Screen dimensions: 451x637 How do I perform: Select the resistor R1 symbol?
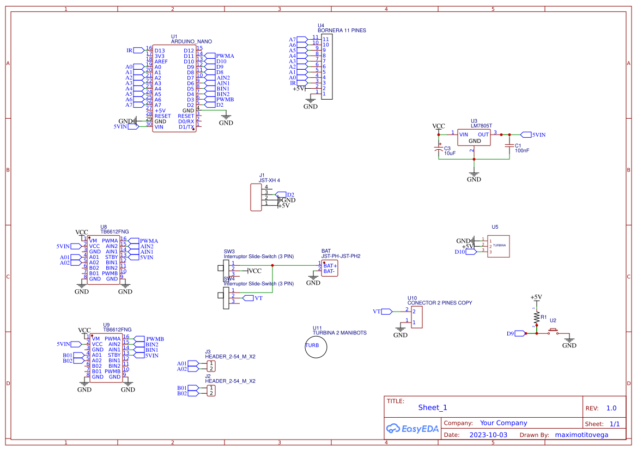[x=536, y=316]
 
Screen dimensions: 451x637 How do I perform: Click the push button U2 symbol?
[x=554, y=332]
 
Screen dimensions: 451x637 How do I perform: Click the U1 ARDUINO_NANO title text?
[x=191, y=41]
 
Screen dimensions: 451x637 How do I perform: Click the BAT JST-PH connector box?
[x=329, y=268]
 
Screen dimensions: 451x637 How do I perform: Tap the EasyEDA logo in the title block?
[x=412, y=429]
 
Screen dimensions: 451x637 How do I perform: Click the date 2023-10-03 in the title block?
[x=488, y=435]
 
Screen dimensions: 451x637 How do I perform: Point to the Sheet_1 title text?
[x=433, y=407]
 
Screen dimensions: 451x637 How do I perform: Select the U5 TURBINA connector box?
[x=498, y=246]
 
